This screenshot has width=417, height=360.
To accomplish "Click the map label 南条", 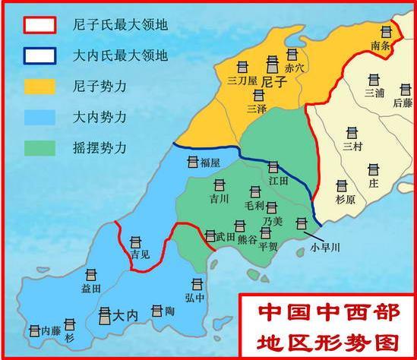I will (x=381, y=46).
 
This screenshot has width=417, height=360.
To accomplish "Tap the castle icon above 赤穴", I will (x=292, y=54).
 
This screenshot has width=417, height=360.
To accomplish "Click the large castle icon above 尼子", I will (x=273, y=64).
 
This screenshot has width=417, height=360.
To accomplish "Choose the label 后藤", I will (x=403, y=102).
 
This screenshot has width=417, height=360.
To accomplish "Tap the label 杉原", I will (x=344, y=200).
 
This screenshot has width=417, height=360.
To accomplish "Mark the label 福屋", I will (x=210, y=163).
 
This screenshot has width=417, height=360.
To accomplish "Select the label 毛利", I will (x=254, y=205).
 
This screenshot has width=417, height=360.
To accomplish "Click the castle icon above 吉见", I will (x=135, y=242).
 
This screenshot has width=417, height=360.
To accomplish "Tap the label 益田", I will (x=90, y=289).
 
